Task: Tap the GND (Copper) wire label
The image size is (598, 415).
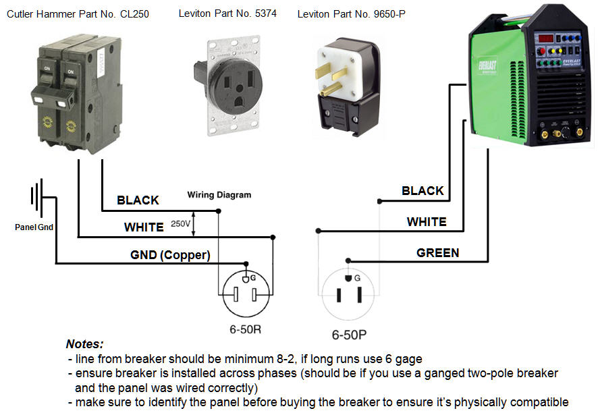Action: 170,255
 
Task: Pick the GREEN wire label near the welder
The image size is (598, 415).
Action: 437,253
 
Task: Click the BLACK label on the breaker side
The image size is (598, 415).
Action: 138,200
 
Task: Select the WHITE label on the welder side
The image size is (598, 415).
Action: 426,221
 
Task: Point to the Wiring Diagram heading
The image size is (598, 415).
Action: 219,195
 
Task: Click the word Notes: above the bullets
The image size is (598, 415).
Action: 84,343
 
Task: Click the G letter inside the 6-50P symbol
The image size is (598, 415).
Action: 356,277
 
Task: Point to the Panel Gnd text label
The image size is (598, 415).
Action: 34,227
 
